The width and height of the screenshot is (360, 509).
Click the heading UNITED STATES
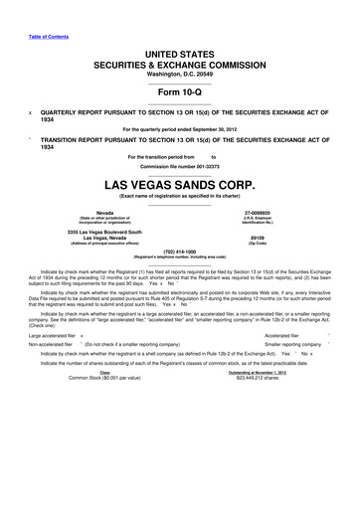[x=180, y=50]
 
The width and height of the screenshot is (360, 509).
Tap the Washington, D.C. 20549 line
[x=180, y=74]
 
